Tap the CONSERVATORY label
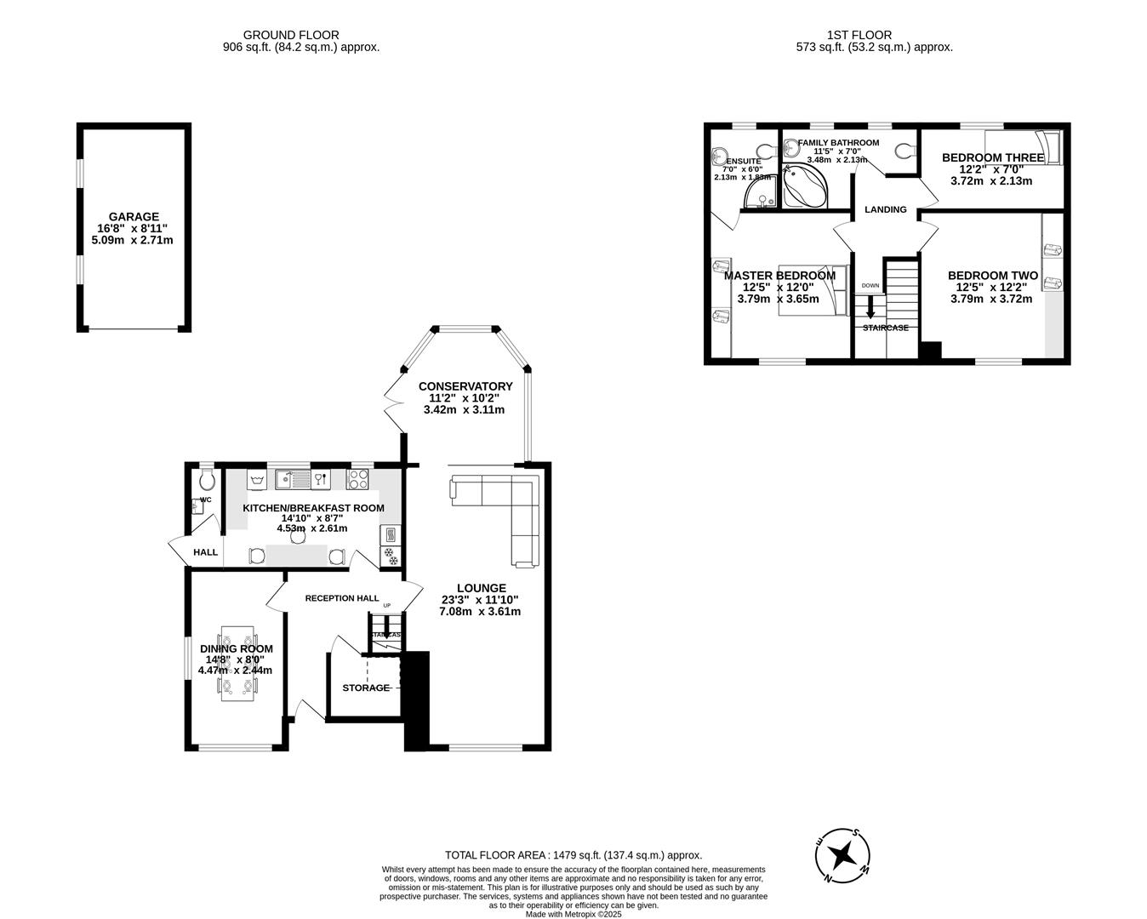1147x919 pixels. [465, 386]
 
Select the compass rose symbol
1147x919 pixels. [842, 854]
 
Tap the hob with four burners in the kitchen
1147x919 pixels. [358, 480]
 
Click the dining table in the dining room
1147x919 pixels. [237, 664]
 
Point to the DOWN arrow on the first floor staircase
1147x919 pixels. [870, 307]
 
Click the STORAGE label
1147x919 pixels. [366, 688]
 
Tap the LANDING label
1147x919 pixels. [885, 209]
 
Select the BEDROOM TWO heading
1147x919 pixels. [992, 276]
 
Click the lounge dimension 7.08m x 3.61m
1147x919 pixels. [480, 611]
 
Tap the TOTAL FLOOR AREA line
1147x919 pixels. [573, 855]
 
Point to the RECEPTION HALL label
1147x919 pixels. [342, 598]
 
